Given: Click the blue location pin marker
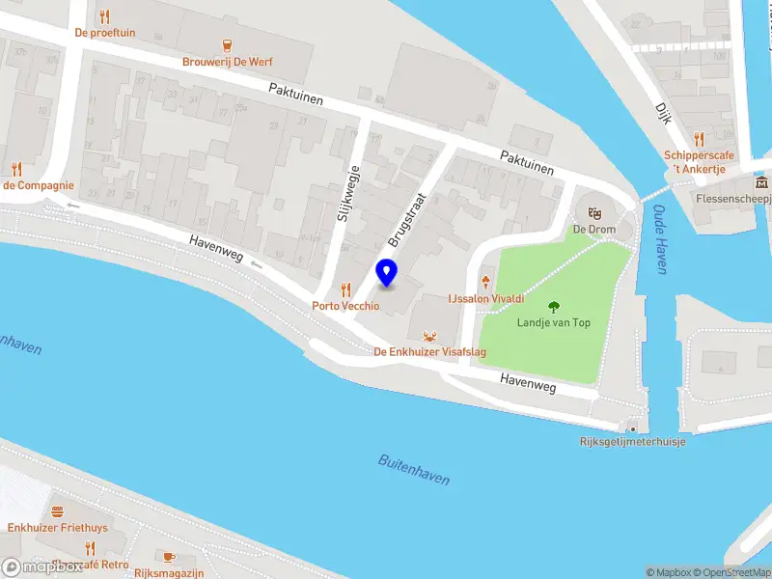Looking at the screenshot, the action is (387, 273).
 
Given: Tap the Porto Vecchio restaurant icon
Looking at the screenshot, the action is (345, 290).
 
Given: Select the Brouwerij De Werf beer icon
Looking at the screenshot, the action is (227, 44).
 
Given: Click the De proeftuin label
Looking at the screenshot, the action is (105, 33).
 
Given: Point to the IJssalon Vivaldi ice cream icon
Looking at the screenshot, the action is (485, 282).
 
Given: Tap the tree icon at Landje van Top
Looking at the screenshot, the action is (554, 307).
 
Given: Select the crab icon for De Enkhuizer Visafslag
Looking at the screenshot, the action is (429, 336).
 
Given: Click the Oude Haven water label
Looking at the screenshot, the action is (661, 238).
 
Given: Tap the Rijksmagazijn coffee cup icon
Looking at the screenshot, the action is (168, 557).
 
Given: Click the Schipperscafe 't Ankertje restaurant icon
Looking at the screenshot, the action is (699, 139).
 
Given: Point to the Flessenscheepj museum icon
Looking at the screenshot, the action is (762, 183).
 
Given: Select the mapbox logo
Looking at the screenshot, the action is (42, 566).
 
